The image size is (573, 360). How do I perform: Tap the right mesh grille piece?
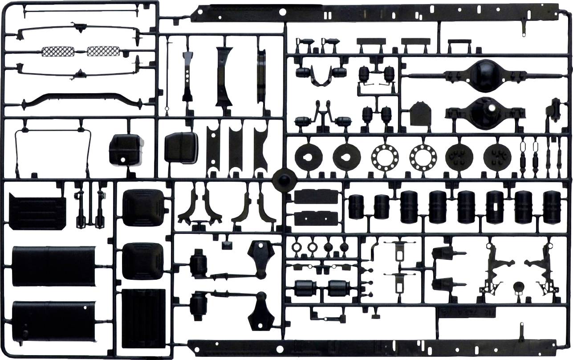pyautogui.click(x=104, y=52)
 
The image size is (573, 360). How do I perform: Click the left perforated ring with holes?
pyautogui.click(x=385, y=155)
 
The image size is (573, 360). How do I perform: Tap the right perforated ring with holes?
pyautogui.click(x=423, y=155)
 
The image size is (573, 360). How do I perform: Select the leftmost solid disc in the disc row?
pyautogui.click(x=309, y=155)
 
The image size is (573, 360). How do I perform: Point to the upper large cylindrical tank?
pyautogui.click(x=53, y=266)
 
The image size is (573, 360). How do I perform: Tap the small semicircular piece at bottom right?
pyautogui.click(x=518, y=287)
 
